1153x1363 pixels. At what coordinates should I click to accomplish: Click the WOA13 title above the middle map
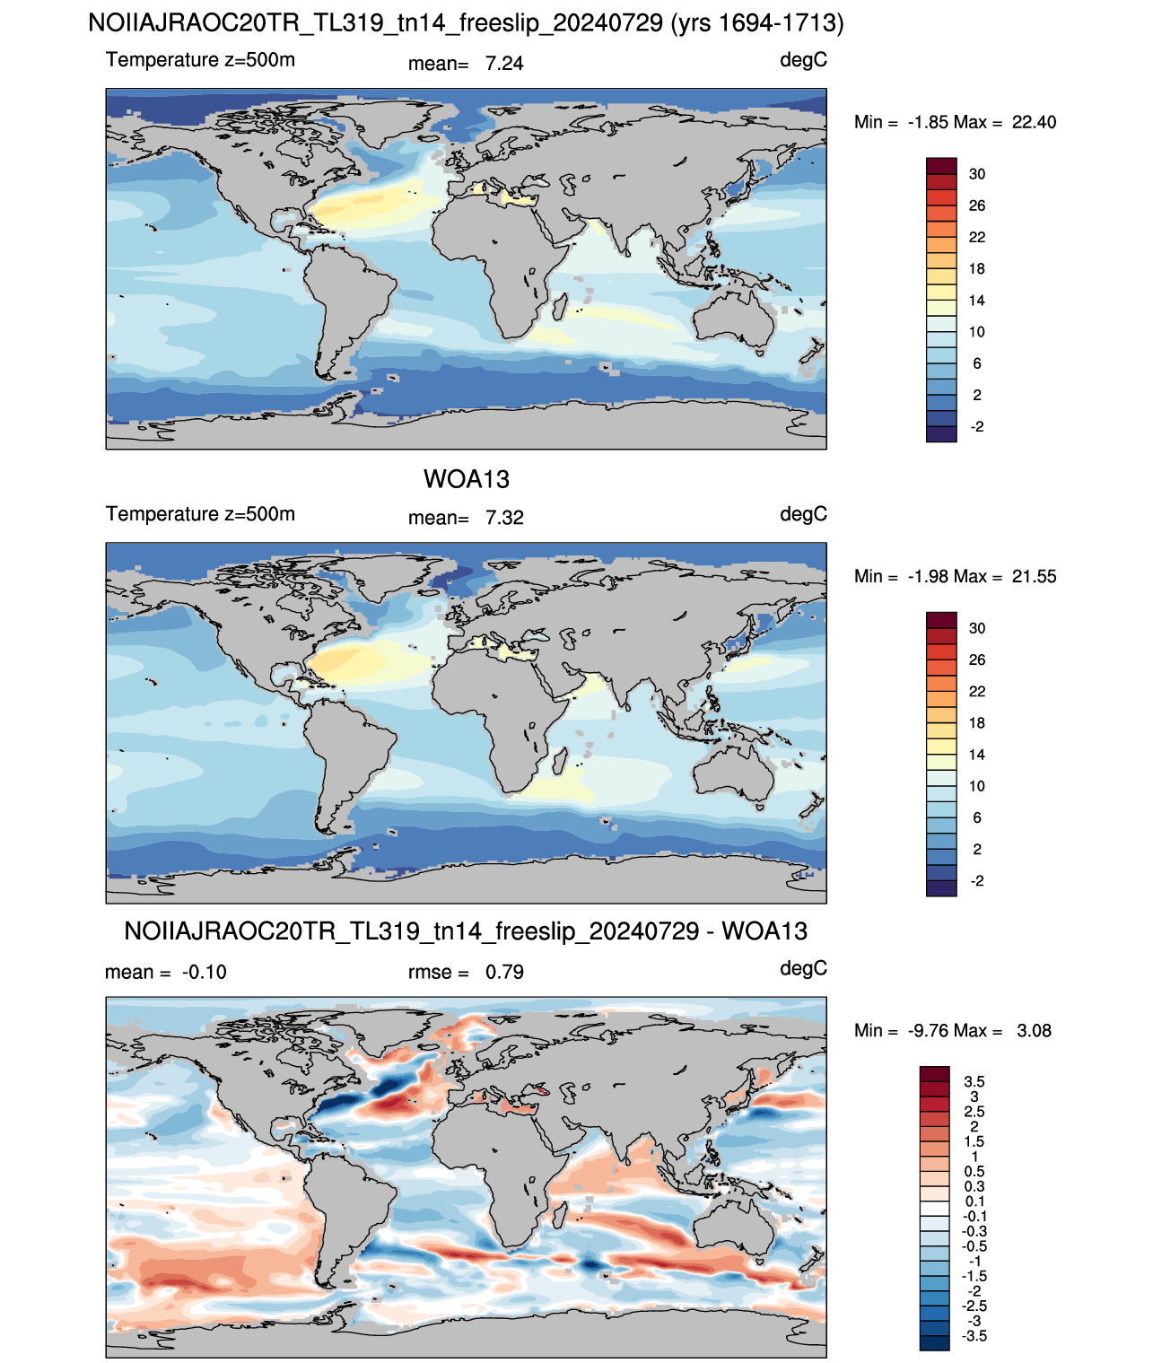(x=466, y=479)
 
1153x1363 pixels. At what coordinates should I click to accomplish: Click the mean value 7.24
(x=504, y=64)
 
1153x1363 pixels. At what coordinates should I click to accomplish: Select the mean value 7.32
(x=504, y=518)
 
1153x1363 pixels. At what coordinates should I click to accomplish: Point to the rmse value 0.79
(x=504, y=972)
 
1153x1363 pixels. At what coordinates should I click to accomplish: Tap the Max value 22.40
(x=1034, y=122)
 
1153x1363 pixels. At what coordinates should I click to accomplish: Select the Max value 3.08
(x=1034, y=1031)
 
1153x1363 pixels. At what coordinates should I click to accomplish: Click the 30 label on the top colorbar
(x=977, y=174)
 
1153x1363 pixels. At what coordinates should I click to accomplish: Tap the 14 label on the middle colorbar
(x=977, y=755)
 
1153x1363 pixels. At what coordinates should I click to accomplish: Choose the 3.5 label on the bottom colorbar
(x=974, y=1081)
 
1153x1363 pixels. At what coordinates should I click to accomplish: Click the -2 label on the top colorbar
(x=977, y=426)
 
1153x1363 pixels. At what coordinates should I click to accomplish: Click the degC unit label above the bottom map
(x=803, y=968)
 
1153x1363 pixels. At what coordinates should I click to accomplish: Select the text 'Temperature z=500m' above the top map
(x=200, y=60)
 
